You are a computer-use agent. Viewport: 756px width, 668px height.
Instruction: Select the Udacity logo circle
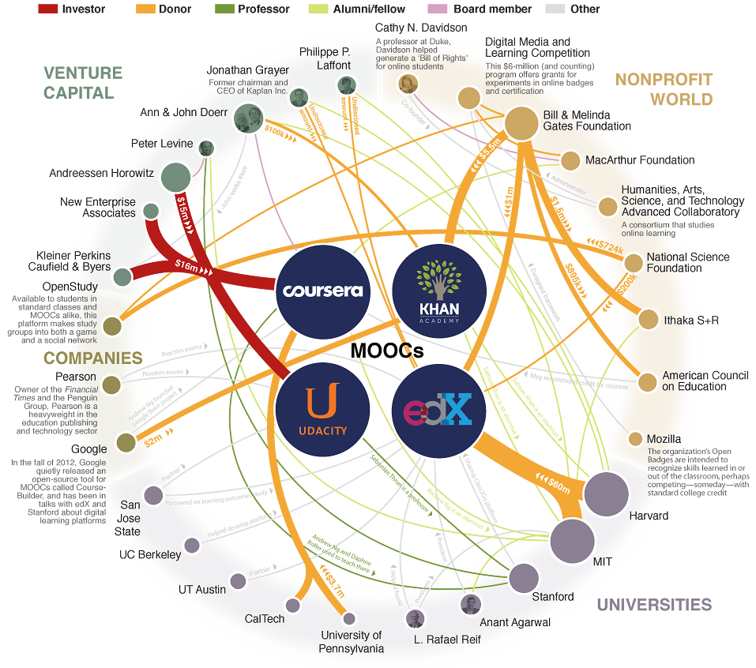pos(322,410)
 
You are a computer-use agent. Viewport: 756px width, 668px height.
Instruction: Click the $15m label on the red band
pos(183,210)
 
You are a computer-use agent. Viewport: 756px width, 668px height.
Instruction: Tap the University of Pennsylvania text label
pos(352,642)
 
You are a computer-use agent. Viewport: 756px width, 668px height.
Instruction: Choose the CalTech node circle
pos(293,606)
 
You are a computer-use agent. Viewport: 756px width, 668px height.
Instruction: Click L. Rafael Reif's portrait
pos(415,618)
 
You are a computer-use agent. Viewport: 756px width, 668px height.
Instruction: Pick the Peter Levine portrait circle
pos(206,148)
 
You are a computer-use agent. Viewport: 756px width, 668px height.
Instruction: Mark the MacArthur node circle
pos(570,160)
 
